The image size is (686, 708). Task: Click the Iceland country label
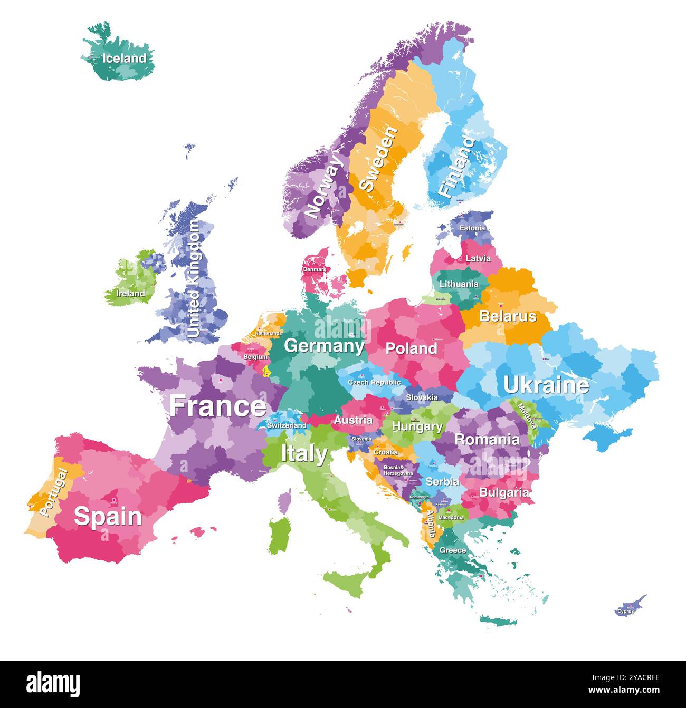(x=124, y=59)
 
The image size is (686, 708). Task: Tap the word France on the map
(x=217, y=406)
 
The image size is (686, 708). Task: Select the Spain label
(x=108, y=516)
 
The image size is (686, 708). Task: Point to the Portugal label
(x=53, y=492)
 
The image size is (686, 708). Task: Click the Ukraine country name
(x=546, y=385)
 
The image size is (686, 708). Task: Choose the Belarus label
(x=508, y=316)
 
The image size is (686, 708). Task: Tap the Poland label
(x=411, y=348)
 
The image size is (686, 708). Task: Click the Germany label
(x=324, y=346)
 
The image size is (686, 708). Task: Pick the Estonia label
(x=472, y=228)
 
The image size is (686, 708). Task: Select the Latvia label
(x=478, y=258)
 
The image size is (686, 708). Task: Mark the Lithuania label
(x=459, y=284)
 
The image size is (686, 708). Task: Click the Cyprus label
(x=626, y=611)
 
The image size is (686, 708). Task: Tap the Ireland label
(x=130, y=293)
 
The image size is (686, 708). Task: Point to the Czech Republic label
(x=374, y=382)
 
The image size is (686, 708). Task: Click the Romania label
(x=487, y=439)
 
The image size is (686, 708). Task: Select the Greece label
(x=453, y=550)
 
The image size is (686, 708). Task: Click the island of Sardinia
(x=280, y=535)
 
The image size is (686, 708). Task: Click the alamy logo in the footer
(x=54, y=684)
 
